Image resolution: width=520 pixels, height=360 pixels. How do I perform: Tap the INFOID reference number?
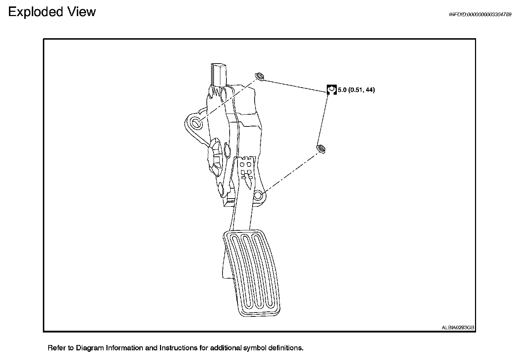480,15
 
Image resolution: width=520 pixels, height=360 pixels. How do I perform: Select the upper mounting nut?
259,76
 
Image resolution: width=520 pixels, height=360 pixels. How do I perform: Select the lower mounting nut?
321,149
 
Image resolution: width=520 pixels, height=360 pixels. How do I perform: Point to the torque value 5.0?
342,90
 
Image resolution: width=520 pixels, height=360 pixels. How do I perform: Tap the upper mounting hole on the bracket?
196,123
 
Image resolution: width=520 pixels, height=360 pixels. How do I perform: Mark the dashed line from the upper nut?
229,100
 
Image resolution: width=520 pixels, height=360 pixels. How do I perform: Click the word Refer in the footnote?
56,348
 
